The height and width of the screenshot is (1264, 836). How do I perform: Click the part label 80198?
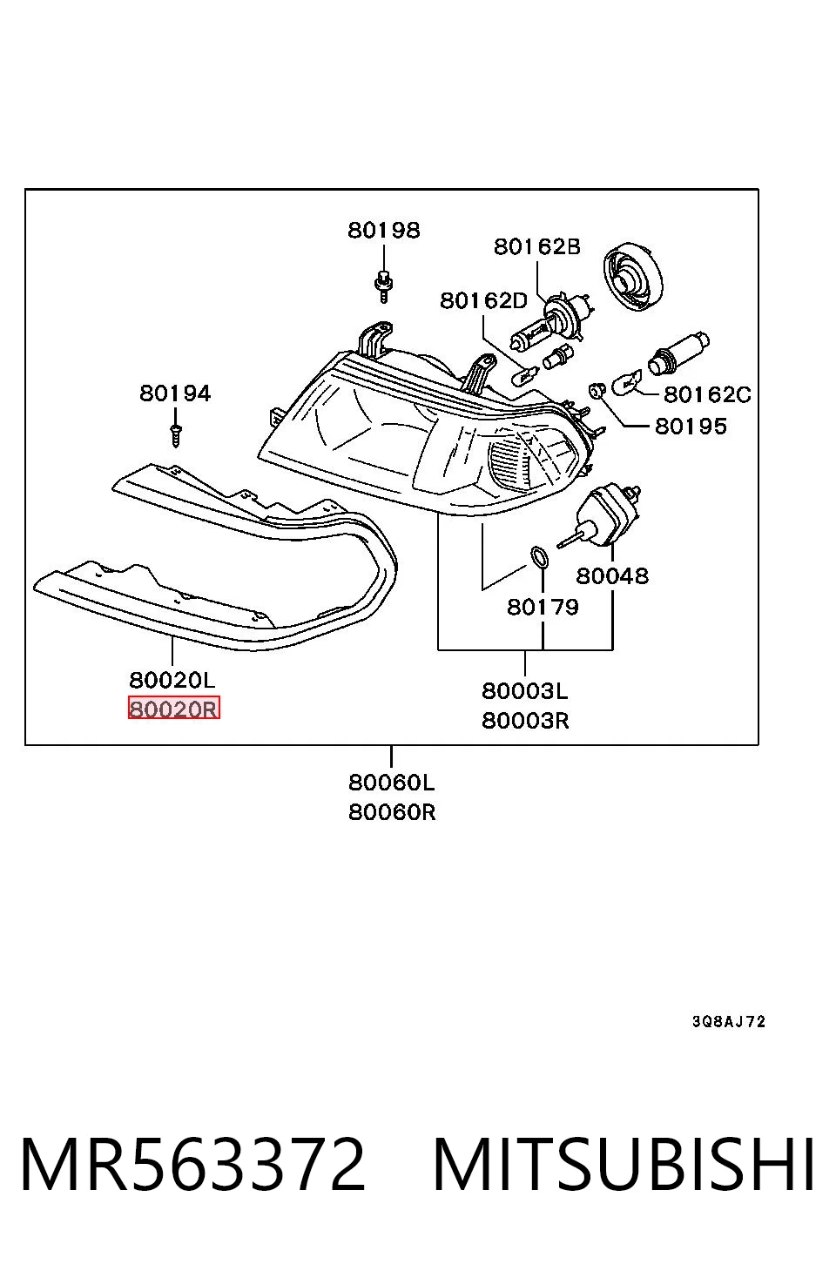click(384, 230)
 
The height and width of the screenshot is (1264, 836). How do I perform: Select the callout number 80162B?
click(536, 246)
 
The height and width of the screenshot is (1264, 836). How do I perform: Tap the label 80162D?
click(484, 300)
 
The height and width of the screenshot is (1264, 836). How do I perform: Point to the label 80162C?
click(707, 394)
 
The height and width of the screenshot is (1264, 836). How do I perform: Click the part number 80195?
click(691, 426)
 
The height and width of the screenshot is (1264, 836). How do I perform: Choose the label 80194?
click(175, 393)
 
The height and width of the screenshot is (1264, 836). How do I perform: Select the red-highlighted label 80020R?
click(174, 709)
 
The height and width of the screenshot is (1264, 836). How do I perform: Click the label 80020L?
click(172, 680)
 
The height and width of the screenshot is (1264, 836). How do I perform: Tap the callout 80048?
click(612, 576)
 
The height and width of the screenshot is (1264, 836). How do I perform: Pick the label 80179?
click(543, 607)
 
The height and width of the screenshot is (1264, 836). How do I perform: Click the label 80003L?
click(525, 690)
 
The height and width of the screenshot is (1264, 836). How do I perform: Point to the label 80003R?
click(525, 721)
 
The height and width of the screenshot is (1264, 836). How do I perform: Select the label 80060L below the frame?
click(392, 783)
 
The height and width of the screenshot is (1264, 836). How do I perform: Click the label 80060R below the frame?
click(392, 812)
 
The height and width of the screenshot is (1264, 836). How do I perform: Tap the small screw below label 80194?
click(176, 435)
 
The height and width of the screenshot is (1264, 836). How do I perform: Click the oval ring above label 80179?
click(540, 557)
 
